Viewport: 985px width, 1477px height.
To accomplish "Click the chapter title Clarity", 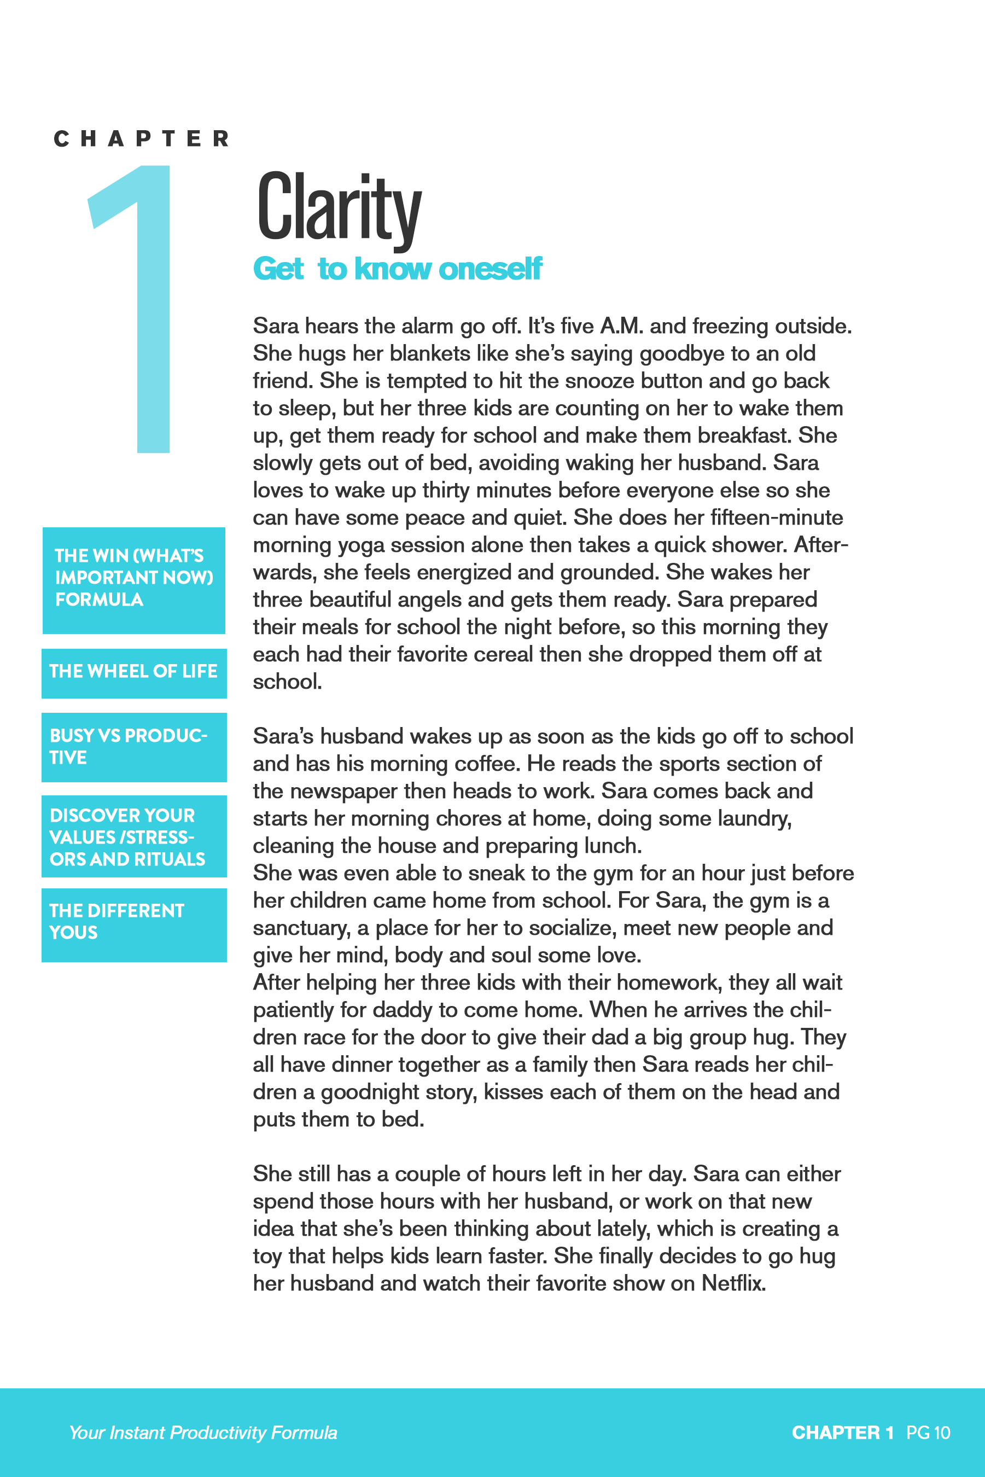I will coord(339,207).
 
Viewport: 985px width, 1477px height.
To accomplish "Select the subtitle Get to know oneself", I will coord(397,269).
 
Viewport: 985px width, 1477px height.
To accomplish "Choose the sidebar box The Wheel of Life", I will coord(134,672).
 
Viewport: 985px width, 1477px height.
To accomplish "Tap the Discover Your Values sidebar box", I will coord(134,836).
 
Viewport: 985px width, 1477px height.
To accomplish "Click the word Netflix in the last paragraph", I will coord(733,1283).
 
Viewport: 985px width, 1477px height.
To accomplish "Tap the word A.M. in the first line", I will coord(621,326).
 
